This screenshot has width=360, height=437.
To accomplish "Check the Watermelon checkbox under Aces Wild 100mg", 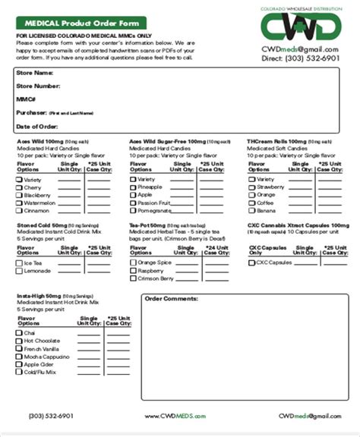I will coord(19,203).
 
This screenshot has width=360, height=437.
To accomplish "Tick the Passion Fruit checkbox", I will coord(133,203).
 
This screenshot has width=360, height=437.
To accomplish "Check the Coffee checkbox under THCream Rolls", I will coord(251,203).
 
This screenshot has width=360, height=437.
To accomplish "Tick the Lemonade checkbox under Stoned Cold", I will coord(19,271).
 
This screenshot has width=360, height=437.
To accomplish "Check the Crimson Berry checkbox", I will coord(133,278).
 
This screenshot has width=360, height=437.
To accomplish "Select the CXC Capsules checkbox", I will coord(251,263).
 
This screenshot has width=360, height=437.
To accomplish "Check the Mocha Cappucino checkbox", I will coord(19,356).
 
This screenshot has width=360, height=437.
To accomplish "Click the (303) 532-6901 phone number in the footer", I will coord(50,417).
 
